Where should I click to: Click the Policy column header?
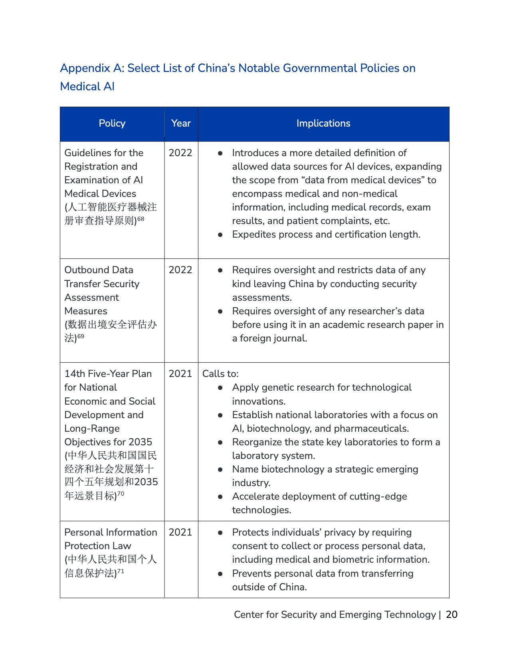pos(112,123)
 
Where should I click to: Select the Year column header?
pos(181,123)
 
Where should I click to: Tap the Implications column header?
pos(323,123)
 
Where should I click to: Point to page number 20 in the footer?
pos(452,614)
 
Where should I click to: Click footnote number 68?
pos(141,218)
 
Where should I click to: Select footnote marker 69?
pos(81,336)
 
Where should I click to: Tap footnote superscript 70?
pos(121,494)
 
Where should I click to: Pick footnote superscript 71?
pos(121,572)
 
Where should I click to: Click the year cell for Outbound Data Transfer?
pos(180,270)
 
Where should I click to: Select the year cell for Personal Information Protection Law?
pos(180,532)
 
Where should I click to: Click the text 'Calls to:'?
pos(220,374)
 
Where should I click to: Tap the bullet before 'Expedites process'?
pos(220,235)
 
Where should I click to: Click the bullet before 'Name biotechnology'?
pos(220,470)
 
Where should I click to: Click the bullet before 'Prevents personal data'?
pos(220,574)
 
